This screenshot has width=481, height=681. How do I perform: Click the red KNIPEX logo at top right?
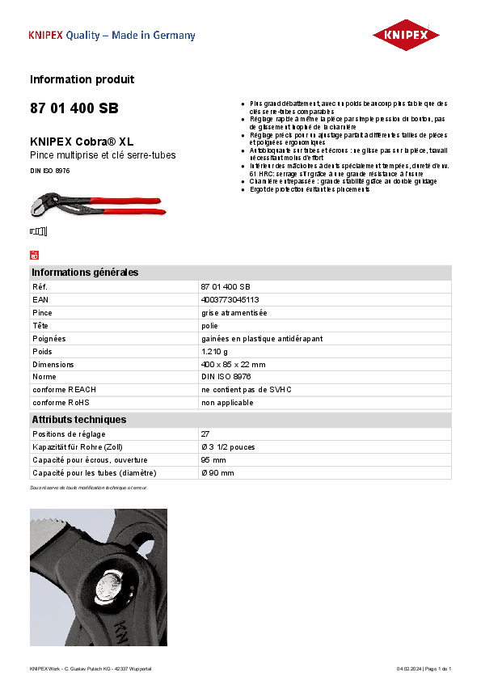click(405, 36)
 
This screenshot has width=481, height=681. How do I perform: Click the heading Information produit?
click(82, 79)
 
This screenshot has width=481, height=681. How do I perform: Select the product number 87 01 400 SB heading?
click(74, 108)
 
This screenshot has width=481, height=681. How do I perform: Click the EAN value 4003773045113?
click(230, 300)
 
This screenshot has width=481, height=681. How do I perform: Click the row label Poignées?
click(49, 339)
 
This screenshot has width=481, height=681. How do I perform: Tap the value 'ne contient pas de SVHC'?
click(246, 390)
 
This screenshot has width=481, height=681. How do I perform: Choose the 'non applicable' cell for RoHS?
click(227, 403)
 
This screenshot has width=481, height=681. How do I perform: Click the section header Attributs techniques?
click(78, 420)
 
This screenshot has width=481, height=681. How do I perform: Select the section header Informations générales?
click(85, 273)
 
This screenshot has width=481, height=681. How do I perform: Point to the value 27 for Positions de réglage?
click(205, 434)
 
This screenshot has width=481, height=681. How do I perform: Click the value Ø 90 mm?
click(217, 472)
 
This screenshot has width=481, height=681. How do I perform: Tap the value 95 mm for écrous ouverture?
click(213, 459)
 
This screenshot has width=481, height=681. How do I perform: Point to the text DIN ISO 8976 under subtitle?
click(50, 171)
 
